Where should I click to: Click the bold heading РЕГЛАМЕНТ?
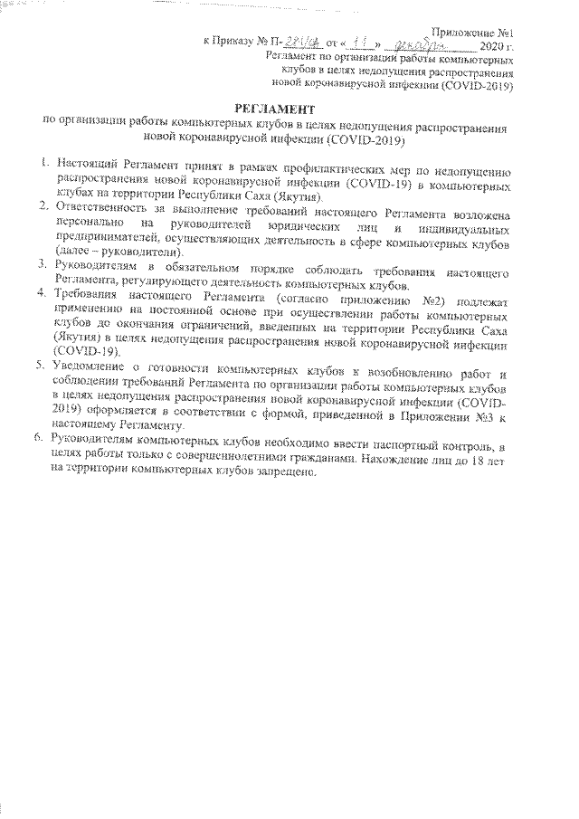coord(277,110)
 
